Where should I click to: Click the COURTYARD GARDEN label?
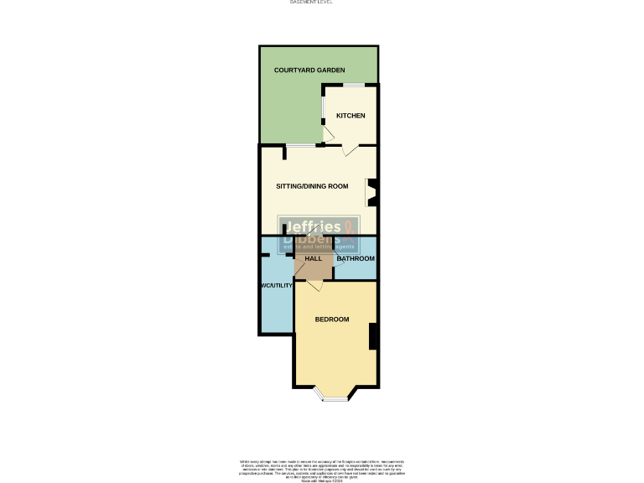309,70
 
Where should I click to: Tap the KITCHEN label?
351,116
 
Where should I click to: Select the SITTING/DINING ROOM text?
312,186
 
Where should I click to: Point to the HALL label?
314,258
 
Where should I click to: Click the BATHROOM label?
356,258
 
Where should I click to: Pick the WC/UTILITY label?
276,286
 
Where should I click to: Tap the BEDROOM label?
332,319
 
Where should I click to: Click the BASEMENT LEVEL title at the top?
311,3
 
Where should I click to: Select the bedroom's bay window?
335,397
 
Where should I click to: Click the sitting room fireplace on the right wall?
371,193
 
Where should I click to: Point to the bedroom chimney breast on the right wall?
373,335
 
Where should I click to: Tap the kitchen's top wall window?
351,84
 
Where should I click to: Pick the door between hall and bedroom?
314,286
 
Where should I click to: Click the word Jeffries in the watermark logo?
312,227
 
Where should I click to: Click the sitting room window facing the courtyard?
301,146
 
